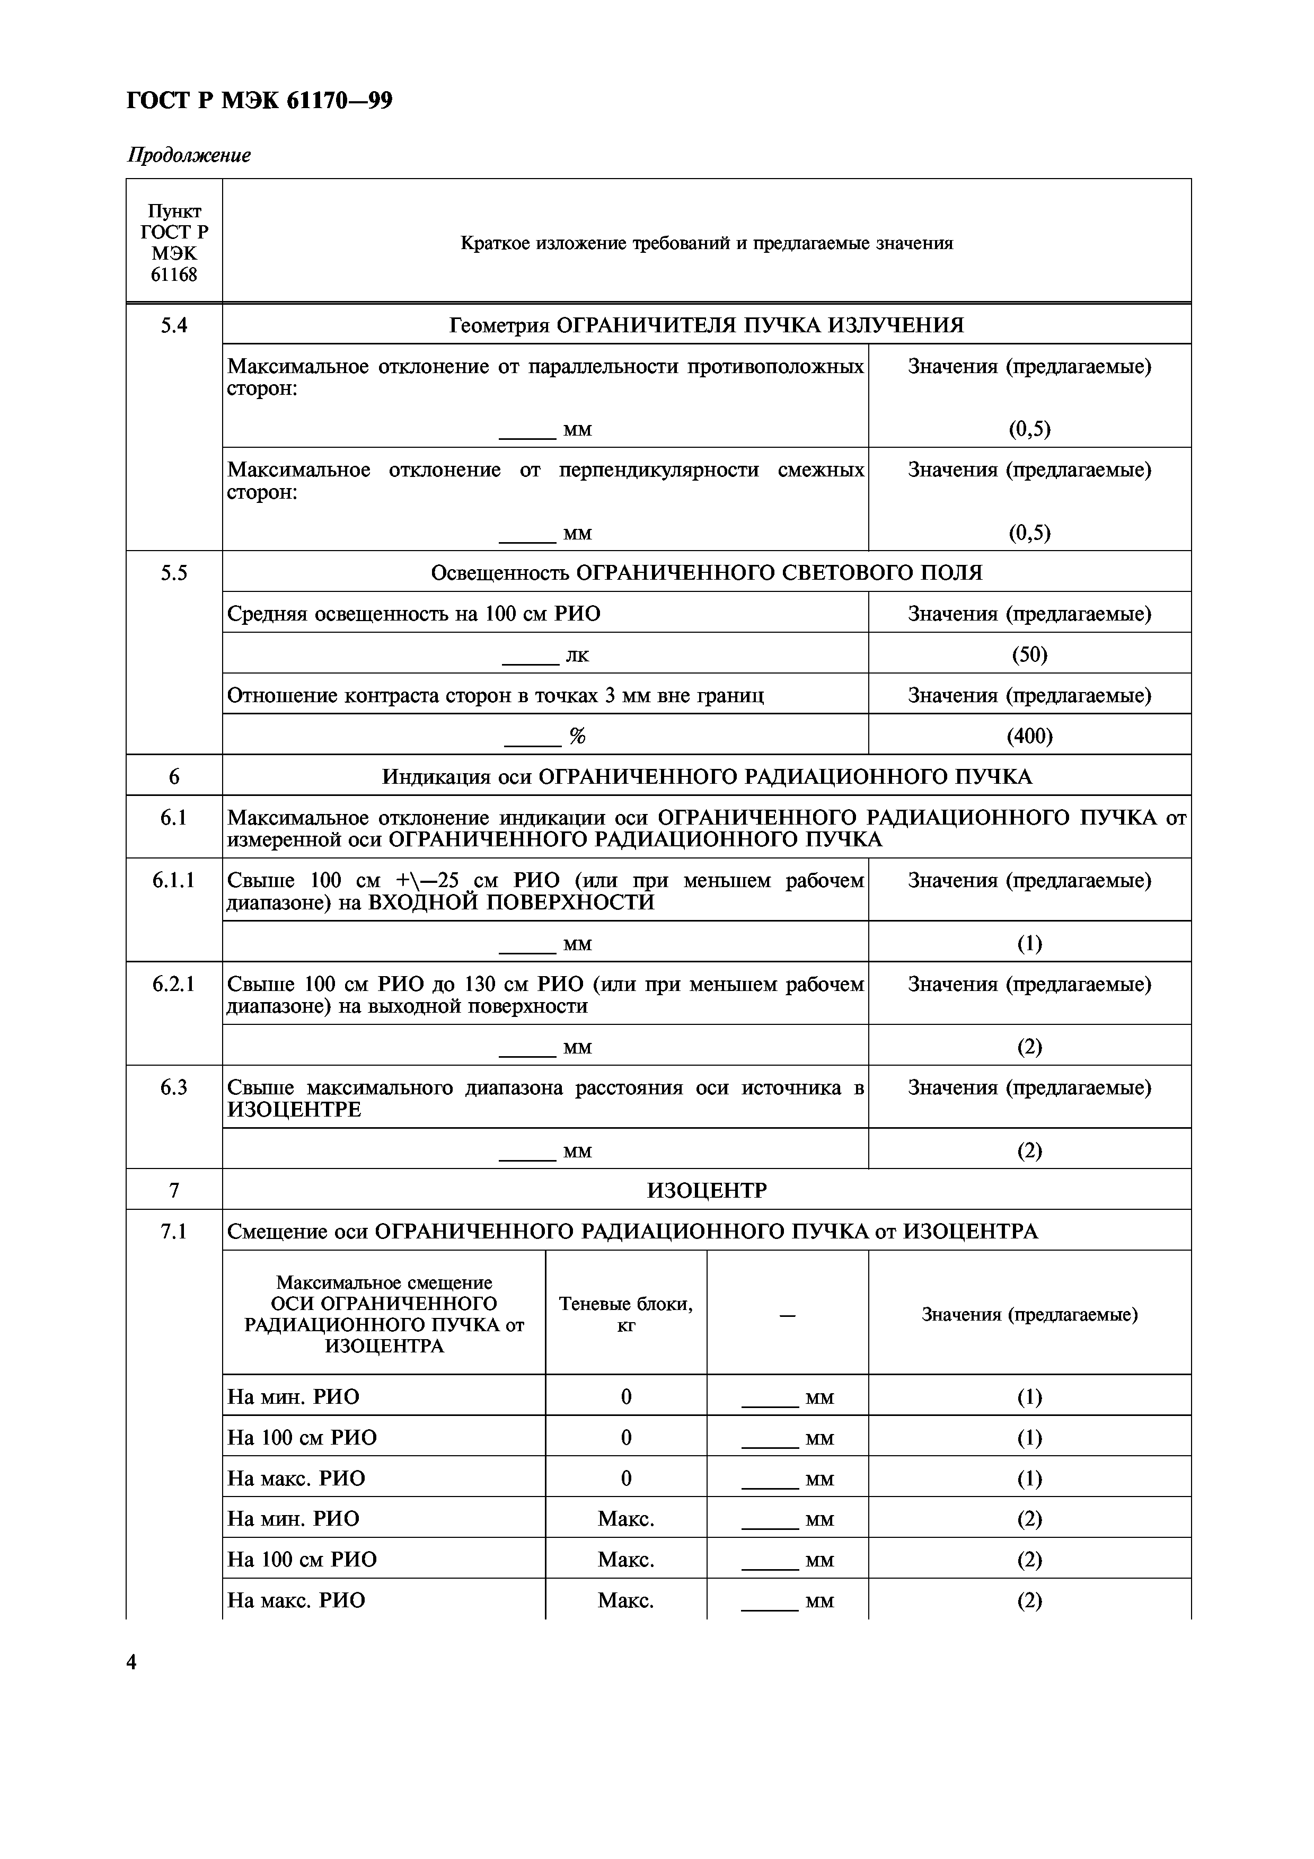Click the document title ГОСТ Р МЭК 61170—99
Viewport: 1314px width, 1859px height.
(259, 101)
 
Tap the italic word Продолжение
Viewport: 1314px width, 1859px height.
(189, 155)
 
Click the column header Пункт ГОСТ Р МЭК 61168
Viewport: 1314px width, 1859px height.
(174, 243)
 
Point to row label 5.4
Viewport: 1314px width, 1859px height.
(174, 325)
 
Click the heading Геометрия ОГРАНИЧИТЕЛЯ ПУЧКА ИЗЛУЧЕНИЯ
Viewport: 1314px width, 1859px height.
(706, 325)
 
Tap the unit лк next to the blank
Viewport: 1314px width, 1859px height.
(577, 655)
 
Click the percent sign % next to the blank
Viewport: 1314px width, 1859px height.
(577, 736)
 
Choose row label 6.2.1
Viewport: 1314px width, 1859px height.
(174, 984)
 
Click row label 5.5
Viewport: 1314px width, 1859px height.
(174, 572)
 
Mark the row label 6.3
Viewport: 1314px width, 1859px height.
(174, 1087)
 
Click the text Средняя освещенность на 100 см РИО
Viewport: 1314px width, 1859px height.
(414, 614)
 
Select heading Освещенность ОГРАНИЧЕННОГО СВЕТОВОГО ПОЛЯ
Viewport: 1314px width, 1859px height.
(706, 572)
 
